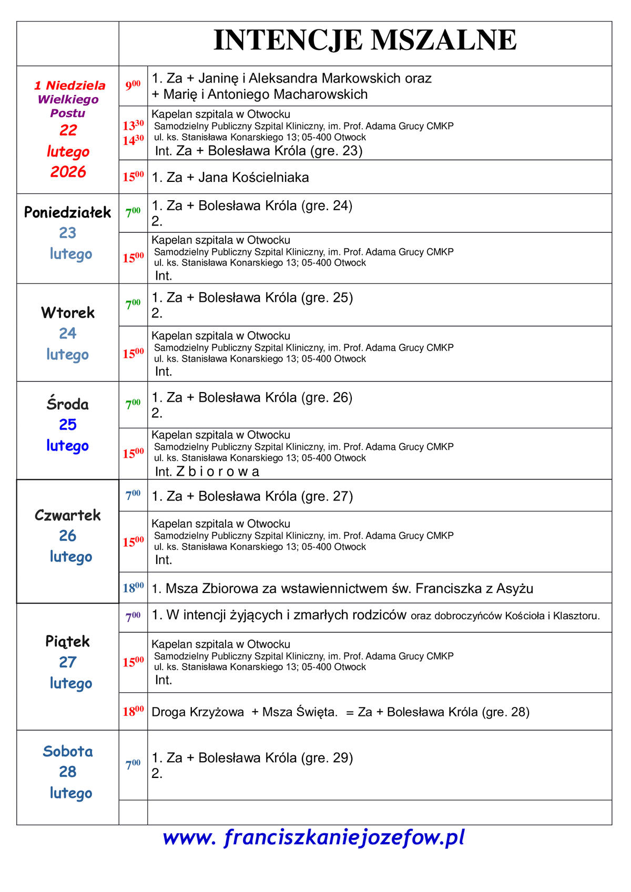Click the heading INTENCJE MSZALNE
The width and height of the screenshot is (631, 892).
[x=365, y=40]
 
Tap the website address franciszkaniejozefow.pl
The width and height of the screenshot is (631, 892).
[x=314, y=837]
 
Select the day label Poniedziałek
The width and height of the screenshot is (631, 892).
[x=67, y=212]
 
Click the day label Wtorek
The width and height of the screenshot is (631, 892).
[x=67, y=313]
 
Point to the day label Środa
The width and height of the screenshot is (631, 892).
[x=67, y=404]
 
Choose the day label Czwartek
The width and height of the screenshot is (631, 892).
[x=67, y=515]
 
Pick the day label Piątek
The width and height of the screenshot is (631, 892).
[x=67, y=641]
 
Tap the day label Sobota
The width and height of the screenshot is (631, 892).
[x=67, y=751]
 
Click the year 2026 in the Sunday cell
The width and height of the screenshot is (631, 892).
[x=68, y=172]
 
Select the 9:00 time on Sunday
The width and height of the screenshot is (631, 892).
[x=133, y=85]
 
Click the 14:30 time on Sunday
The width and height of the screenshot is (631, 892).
[x=133, y=140]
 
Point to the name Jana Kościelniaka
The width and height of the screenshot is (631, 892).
[x=253, y=178]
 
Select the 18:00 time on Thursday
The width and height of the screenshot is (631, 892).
[x=133, y=588]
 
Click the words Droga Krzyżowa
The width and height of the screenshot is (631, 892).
[x=198, y=712]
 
